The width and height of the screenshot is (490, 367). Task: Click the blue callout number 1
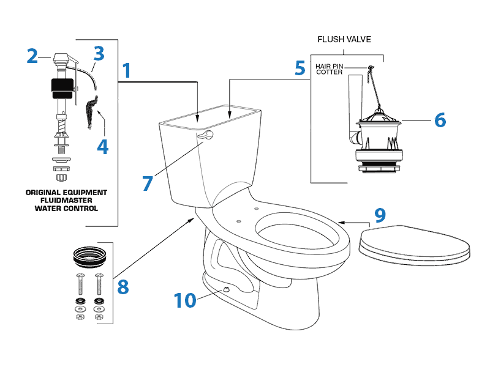point(126,71)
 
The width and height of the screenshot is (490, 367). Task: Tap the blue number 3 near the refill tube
point(99,54)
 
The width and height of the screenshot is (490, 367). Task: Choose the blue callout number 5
point(300,68)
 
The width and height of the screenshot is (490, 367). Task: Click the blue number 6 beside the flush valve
point(440,120)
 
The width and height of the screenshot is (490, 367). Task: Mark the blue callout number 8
point(123,286)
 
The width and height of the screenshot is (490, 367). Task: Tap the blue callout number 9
point(380,215)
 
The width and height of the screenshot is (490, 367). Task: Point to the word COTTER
point(330,72)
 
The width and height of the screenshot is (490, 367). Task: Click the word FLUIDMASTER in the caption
point(66,200)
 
